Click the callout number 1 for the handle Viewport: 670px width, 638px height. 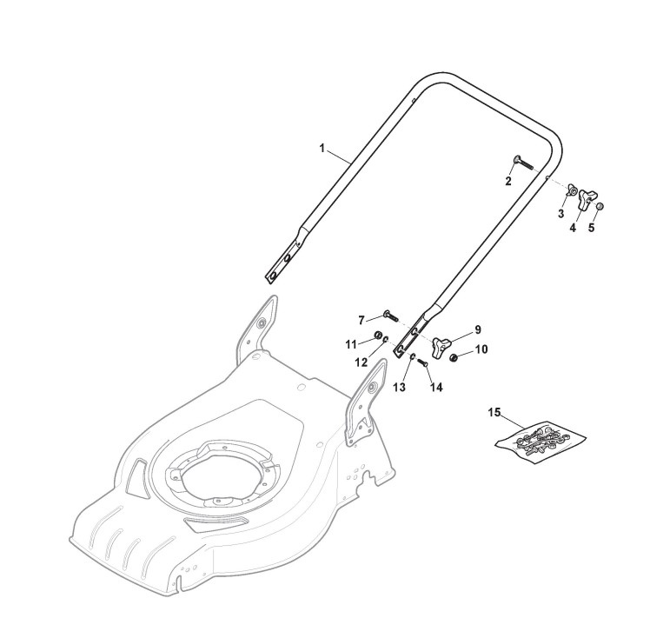322,150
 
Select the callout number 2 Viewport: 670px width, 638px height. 508,182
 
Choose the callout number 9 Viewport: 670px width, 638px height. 477,329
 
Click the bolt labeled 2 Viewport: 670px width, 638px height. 515,162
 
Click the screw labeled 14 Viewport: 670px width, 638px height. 422,362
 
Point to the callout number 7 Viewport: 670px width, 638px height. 362,321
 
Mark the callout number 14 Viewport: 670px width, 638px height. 436,387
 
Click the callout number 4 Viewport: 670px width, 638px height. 573,227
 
